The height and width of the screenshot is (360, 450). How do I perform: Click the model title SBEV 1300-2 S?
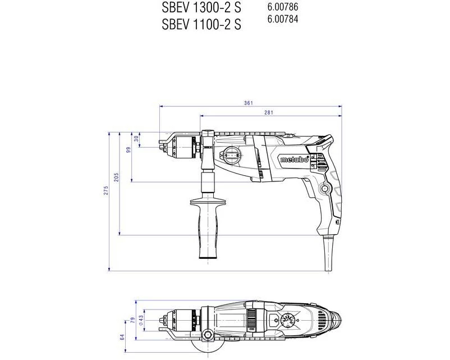[201, 8]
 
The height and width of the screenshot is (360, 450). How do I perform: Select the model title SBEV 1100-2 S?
[201, 24]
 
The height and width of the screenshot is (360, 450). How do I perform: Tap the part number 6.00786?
[283, 7]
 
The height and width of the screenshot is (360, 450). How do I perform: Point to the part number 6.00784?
[283, 19]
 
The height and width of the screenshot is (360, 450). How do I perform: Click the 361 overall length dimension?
[249, 103]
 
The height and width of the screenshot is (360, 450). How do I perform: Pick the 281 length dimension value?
[269, 112]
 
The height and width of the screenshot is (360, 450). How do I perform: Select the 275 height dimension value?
[106, 191]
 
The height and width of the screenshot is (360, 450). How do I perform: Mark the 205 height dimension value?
[116, 177]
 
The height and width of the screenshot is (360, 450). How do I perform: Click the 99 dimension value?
[128, 150]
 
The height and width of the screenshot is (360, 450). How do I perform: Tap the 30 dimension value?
[137, 139]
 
